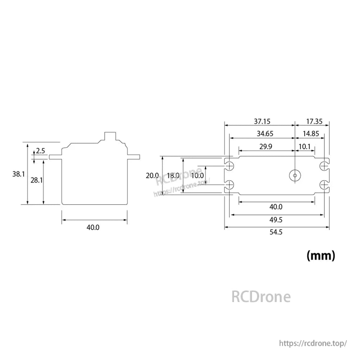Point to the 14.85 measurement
point(310,134)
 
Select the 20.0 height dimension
point(152,176)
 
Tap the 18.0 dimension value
point(173,176)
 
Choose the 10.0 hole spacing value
point(197,176)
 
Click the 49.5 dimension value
point(276,220)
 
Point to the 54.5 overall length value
point(276,232)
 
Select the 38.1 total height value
point(18,174)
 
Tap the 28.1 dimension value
point(37,180)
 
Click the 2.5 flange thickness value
point(40,151)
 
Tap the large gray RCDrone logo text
point(261,297)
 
